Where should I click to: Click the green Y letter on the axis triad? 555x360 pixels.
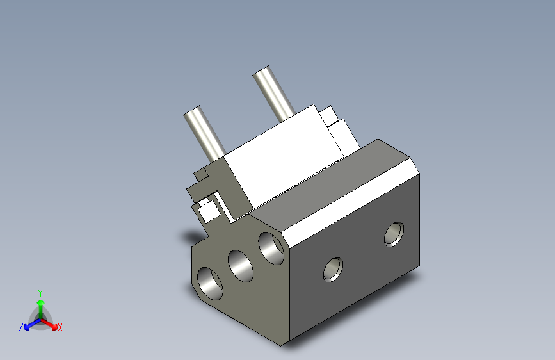pyautogui.click(x=40, y=291)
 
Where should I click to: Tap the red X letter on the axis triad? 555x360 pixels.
pyautogui.click(x=60, y=328)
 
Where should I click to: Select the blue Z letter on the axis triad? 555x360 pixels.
pyautogui.click(x=21, y=327)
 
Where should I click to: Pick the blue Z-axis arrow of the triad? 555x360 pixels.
pyautogui.click(x=29, y=323)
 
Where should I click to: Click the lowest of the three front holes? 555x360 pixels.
pyautogui.click(x=210, y=282)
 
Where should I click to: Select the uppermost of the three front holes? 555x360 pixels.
pyautogui.click(x=271, y=247)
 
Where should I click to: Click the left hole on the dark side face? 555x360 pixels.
pyautogui.click(x=333, y=268)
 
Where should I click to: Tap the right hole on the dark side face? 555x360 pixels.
pyautogui.click(x=394, y=234)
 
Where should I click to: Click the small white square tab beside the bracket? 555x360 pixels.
pyautogui.click(x=207, y=209)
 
